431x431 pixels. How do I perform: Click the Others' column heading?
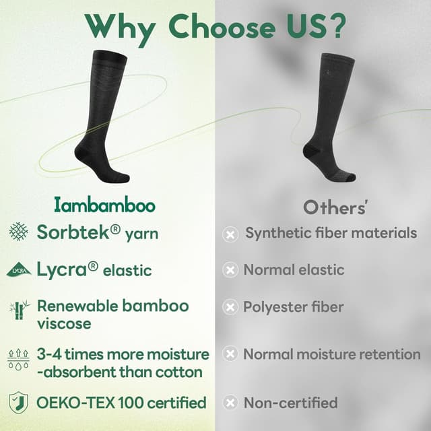(335, 207)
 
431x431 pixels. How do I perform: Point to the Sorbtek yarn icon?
(18, 232)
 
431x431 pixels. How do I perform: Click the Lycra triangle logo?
(18, 270)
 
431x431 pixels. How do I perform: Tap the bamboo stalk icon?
(18, 310)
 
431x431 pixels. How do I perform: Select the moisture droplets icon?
(18, 358)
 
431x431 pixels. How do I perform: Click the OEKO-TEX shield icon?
(18, 403)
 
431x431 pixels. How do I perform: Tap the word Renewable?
(77, 306)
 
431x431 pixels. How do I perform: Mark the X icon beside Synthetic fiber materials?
(230, 234)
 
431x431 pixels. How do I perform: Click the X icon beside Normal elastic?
(230, 270)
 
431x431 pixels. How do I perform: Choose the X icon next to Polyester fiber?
(230, 307)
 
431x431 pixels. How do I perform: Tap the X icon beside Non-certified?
(230, 403)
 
